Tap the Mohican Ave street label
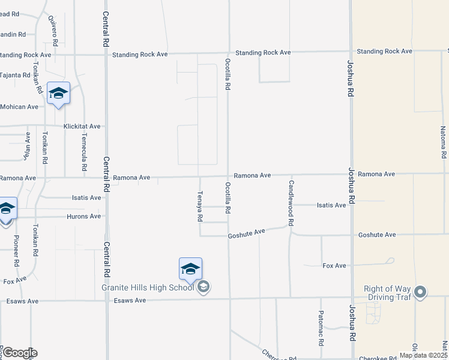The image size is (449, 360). pyautogui.click(x=20, y=107)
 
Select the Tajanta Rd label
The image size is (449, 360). pyautogui.click(x=16, y=75)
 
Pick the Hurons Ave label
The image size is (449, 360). pyautogui.click(x=83, y=216)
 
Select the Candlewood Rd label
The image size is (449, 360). pyautogui.click(x=291, y=203)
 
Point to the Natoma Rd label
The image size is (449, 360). pyautogui.click(x=443, y=142)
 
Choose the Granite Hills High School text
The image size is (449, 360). pyautogui.click(x=148, y=287)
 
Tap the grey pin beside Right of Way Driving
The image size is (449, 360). pyautogui.click(x=420, y=293)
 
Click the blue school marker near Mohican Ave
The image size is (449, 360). pyautogui.click(x=58, y=94)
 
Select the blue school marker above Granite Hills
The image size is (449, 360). pyautogui.click(x=190, y=269)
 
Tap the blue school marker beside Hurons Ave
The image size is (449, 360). pyautogui.click(x=7, y=209)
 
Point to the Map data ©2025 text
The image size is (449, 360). pyautogui.click(x=423, y=355)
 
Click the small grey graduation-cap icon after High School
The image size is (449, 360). pyautogui.click(x=203, y=287)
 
